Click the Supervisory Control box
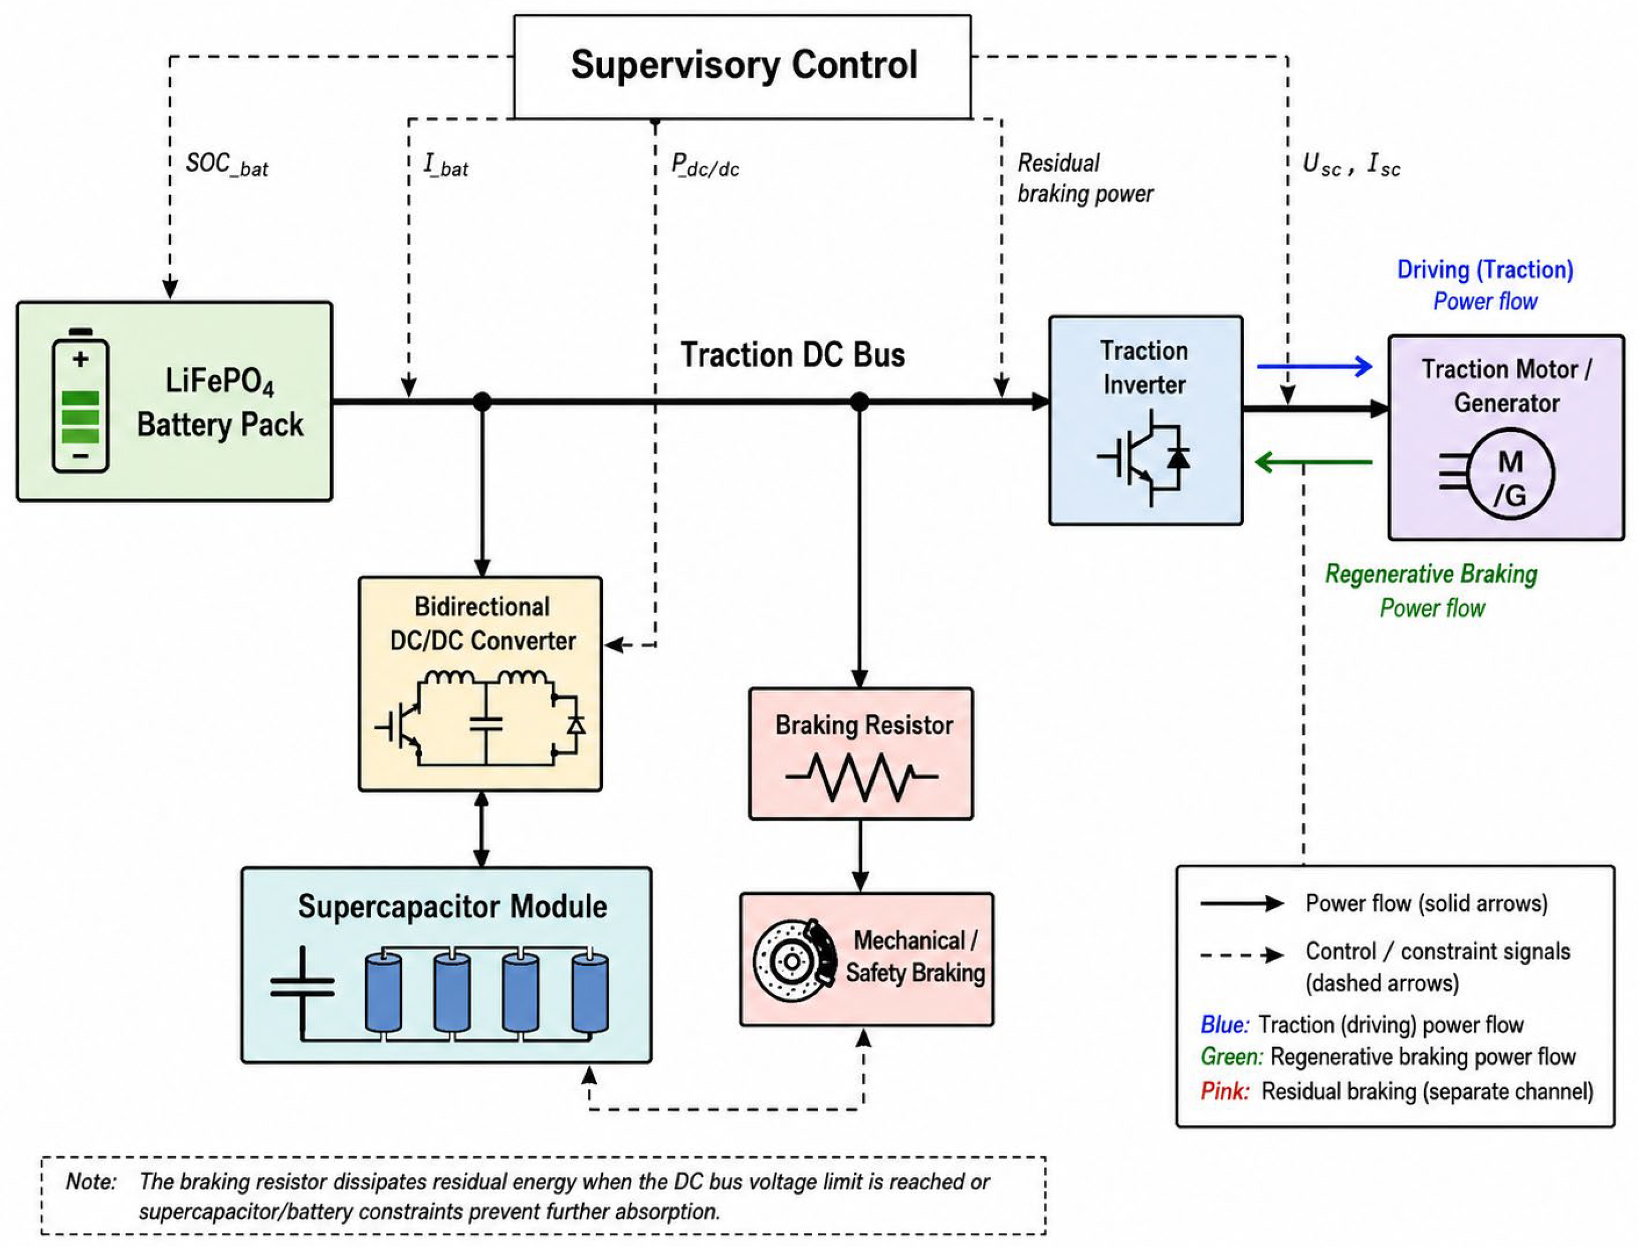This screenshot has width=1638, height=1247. coord(742,66)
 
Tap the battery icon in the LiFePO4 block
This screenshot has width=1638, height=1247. coord(80,401)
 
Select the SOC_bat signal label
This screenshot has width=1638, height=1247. coord(226,165)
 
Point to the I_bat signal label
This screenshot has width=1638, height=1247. coord(445,165)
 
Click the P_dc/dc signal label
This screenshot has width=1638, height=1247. coord(705,165)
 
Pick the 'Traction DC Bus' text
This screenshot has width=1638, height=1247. coord(793,355)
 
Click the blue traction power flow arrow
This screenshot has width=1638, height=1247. coord(1314,366)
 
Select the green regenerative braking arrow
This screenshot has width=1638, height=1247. coord(1313,463)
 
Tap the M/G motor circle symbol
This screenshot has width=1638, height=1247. coord(1512,474)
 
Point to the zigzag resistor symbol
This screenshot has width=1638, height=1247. coord(861,777)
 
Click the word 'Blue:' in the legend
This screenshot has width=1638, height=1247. coord(1224,1025)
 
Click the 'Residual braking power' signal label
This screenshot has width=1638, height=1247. coord(1085,178)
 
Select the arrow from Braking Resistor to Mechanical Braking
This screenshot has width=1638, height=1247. coord(860,856)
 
